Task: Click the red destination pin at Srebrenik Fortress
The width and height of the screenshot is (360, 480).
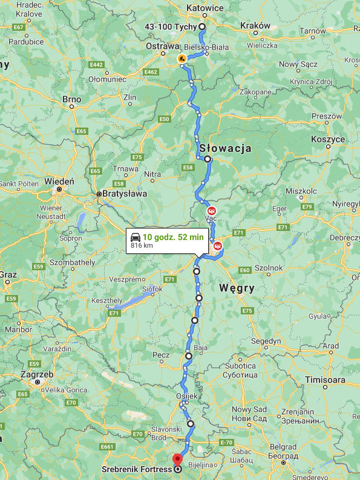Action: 177,458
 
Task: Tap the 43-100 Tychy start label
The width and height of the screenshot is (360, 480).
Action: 171,27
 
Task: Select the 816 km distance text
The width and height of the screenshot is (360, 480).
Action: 141,246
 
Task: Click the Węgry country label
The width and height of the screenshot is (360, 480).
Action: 238,288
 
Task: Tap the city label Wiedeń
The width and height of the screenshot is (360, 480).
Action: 59,181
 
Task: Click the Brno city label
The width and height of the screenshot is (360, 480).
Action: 71,99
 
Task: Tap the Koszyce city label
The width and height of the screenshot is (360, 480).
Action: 327,138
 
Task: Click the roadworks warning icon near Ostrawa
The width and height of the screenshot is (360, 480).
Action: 182,59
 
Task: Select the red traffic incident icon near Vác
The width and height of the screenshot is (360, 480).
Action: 211,210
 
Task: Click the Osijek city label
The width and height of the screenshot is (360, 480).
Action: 187,395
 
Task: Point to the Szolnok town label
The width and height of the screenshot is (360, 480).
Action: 269,268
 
